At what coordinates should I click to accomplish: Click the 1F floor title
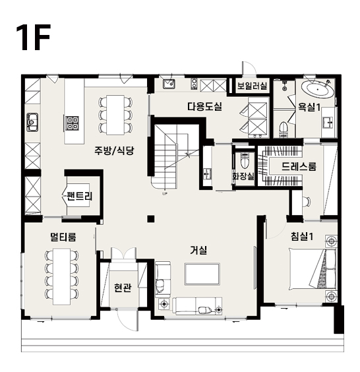pos(34,37)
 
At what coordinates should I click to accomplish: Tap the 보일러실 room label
pos(252,85)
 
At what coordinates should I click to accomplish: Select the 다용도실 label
pos(204,106)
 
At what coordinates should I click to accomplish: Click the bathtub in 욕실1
pos(318,90)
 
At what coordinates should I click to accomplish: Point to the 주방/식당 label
pos(114,150)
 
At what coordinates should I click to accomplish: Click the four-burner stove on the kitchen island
pos(72,123)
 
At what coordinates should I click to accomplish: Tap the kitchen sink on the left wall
pos(32,122)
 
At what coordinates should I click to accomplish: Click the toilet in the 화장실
pos(244,161)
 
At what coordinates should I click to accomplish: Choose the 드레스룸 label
pos(299,166)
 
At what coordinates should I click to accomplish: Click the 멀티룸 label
pos(63,237)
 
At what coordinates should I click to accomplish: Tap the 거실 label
pos(198,250)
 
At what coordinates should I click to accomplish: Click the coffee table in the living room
pos(202,274)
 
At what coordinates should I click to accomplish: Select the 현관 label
pos(123,288)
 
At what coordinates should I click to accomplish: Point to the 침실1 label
pos(302,236)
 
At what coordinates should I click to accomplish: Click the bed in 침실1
pos(313,268)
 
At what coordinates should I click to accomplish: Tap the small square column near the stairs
pos(151,218)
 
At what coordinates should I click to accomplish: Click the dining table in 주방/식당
pos(115,115)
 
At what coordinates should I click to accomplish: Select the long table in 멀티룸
pos(62,276)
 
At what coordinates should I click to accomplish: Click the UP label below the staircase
pos(165,194)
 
